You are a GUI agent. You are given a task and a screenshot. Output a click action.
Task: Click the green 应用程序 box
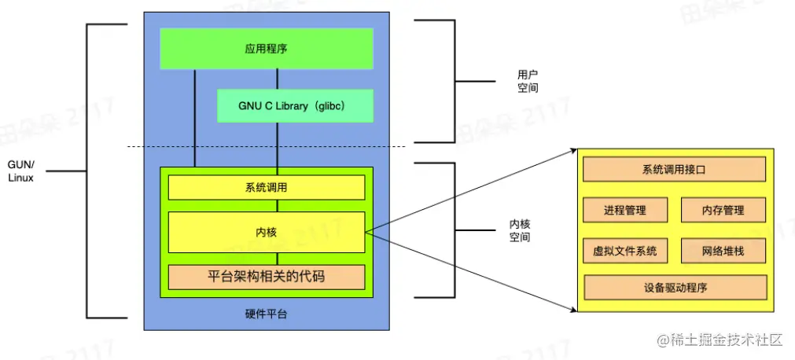click(266, 49)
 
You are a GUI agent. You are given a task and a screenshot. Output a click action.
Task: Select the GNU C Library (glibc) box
click(294, 105)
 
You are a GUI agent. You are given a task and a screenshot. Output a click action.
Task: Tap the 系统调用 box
click(267, 188)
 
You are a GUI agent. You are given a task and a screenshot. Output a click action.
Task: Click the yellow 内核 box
click(267, 232)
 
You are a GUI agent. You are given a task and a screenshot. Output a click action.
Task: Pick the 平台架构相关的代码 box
click(267, 277)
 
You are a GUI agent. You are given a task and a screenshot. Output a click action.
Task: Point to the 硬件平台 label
click(266, 314)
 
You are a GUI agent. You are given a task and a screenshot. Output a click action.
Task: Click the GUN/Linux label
click(21, 171)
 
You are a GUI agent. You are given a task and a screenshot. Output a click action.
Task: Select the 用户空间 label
click(528, 81)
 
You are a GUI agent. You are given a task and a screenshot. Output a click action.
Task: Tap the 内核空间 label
click(519, 230)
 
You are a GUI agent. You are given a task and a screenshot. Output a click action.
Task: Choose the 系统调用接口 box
click(673, 169)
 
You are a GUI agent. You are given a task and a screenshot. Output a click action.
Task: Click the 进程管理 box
click(624, 210)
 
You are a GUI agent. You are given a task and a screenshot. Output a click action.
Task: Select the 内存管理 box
click(723, 210)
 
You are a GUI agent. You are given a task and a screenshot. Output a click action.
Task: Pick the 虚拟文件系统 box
click(624, 251)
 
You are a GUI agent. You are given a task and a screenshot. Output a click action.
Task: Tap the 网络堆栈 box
click(723, 251)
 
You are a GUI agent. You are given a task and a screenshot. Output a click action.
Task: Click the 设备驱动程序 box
click(675, 287)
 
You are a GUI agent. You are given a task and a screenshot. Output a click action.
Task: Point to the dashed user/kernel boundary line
click(267, 146)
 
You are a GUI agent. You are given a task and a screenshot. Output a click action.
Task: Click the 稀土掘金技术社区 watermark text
click(721, 340)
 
